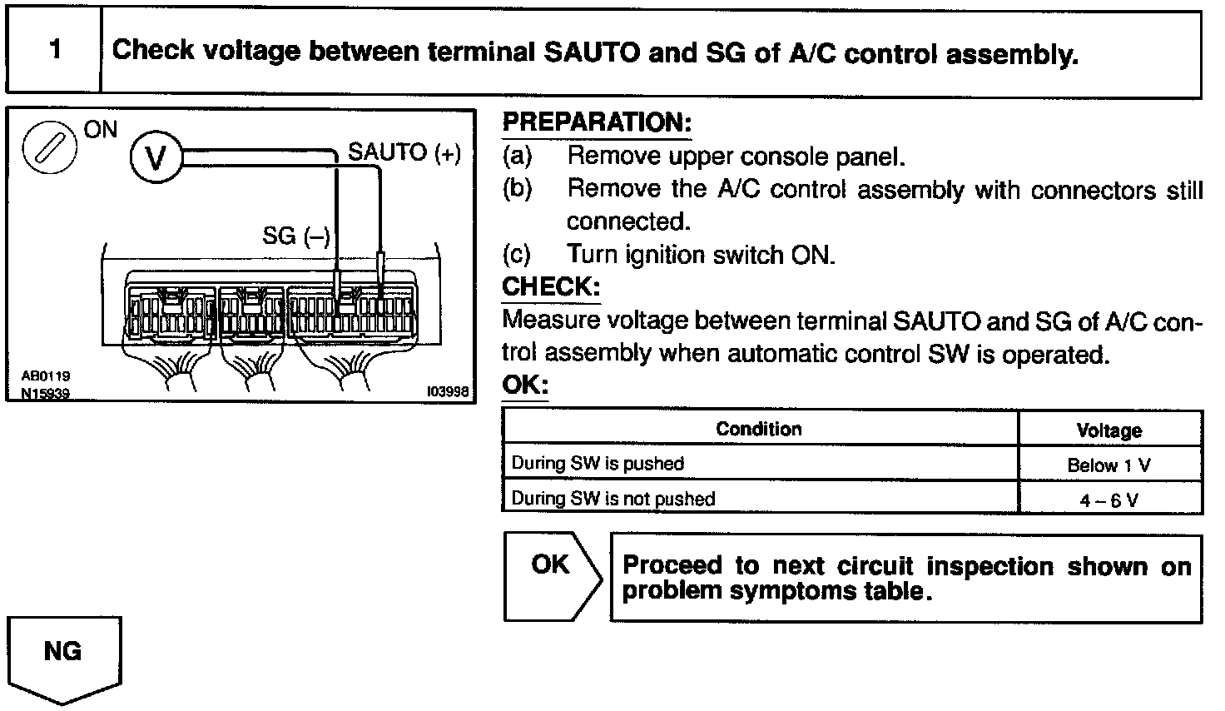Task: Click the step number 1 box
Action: coord(54,51)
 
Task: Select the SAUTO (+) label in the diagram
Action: coord(404,152)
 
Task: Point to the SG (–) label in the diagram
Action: coord(296,236)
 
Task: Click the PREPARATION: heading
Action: coord(597,123)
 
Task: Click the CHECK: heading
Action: coord(551,286)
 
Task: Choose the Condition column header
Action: coord(759,429)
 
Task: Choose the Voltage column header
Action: coord(1108,430)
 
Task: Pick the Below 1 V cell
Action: coord(1108,465)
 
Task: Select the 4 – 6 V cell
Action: coord(1108,500)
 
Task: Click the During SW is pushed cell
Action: coord(598,464)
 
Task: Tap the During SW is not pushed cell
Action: coord(613,499)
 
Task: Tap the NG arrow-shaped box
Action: coord(63,659)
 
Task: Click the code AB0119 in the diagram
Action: coord(47,376)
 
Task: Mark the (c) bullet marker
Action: coord(517,254)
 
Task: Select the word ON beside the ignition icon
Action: coord(101,131)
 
